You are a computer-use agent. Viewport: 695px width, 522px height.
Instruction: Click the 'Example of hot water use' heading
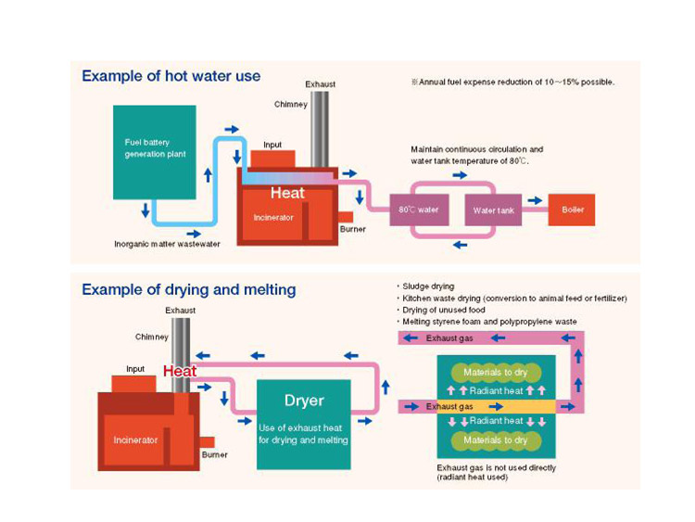[x=171, y=76]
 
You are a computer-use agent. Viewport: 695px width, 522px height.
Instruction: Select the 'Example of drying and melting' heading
[x=189, y=289]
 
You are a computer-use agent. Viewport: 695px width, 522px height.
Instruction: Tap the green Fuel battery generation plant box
[x=154, y=151]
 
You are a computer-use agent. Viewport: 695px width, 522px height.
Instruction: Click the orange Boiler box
[x=573, y=210]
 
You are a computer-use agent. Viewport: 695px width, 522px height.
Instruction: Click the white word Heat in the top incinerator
[x=287, y=193]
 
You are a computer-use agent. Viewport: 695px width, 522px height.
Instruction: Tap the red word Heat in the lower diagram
[x=180, y=371]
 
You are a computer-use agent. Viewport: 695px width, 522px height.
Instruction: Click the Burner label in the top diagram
[x=352, y=228]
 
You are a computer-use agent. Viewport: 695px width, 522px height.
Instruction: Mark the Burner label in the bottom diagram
[x=214, y=454]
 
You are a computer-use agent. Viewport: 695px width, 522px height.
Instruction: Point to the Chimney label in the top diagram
[x=290, y=105]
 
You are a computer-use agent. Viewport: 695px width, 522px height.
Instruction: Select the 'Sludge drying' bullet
[x=430, y=287]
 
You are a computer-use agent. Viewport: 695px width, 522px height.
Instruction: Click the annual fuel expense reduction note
[x=513, y=83]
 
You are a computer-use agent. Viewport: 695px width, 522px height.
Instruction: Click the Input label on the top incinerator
[x=272, y=146]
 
